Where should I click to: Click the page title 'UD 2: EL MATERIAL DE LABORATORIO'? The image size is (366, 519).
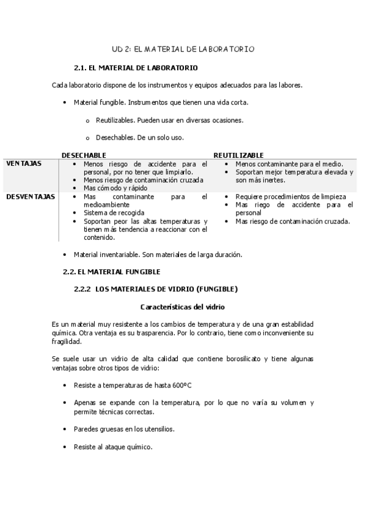pos(183,48)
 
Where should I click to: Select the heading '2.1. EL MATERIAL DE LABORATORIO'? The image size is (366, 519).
pos(135,67)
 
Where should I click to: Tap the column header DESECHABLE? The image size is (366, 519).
pos(84,155)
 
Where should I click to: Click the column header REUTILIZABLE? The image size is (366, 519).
pos(238,155)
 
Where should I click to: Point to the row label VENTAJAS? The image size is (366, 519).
pos(24,164)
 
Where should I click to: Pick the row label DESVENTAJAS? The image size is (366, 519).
pos(30,197)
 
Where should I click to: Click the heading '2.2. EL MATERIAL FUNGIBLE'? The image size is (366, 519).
pos(112,271)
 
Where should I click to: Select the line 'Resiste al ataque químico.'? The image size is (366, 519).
pos(112,447)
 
